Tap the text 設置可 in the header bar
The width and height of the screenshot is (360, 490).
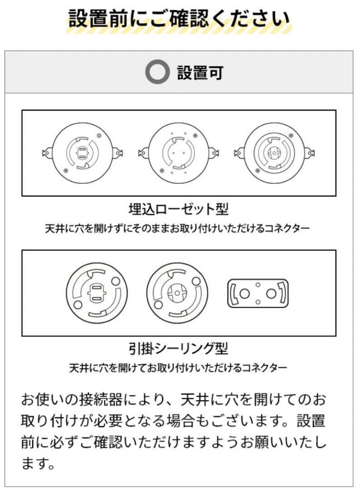click(200, 73)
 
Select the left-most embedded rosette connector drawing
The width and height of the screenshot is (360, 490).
click(82, 153)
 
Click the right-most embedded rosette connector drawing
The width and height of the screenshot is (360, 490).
click(275, 153)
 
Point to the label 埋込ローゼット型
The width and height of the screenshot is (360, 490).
click(178, 209)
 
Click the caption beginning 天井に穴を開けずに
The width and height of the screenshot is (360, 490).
click(178, 228)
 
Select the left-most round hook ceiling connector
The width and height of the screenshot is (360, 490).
click(97, 293)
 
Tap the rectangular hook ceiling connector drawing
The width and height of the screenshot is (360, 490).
click(257, 293)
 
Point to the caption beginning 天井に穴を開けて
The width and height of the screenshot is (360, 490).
click(178, 367)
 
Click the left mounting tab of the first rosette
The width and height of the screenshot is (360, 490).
click(46, 153)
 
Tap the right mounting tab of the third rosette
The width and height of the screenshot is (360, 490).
click(310, 153)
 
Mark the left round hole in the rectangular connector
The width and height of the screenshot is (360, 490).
click(244, 294)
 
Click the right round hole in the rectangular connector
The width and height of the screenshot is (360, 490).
click(271, 294)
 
